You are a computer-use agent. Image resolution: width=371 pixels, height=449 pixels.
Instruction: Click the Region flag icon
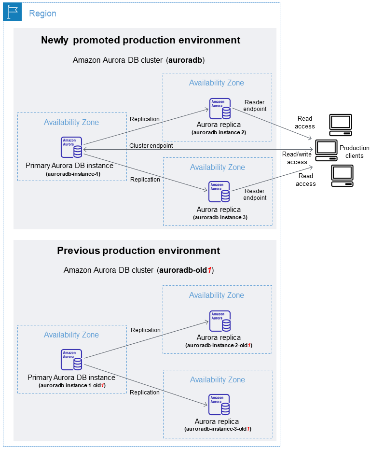coord(13,13)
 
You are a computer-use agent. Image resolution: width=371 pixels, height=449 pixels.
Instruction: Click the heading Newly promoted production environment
coord(140,40)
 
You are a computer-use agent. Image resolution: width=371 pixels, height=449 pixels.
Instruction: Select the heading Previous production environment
coord(138,251)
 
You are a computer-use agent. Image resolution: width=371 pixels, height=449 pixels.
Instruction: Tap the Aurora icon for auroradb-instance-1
coord(71,147)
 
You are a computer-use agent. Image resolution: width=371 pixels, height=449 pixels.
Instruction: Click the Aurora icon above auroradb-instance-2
coord(220,109)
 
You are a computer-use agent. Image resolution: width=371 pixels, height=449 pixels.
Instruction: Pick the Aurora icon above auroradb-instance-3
coord(219,192)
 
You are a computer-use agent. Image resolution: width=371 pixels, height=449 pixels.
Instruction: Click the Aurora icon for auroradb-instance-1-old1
coord(71,360)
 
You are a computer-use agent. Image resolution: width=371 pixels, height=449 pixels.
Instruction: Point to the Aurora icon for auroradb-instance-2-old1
coord(220,321)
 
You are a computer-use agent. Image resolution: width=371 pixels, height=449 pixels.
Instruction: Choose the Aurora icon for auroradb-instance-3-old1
coord(219,405)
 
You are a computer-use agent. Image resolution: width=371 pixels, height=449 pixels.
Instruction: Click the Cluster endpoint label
coord(151,145)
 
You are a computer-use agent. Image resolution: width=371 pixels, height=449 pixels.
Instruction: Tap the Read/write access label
coord(297,158)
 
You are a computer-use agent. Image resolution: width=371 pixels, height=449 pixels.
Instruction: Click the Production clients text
coord(354,152)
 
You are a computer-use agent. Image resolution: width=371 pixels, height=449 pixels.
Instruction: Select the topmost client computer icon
coord(340,125)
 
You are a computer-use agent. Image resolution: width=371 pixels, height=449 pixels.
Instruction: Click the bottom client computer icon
coord(342,176)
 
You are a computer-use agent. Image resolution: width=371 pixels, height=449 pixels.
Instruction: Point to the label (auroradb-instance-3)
coord(220,218)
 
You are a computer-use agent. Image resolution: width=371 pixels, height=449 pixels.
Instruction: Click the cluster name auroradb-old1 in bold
coord(185,270)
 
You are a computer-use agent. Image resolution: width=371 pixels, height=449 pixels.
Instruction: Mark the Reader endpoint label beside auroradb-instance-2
coord(255,106)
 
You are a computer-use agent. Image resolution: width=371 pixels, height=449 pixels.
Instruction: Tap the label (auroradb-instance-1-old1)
coord(72,386)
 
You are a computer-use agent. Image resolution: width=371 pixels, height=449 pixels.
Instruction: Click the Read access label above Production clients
coord(305,123)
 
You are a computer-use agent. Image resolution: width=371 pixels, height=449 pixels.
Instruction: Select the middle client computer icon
coord(326,150)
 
